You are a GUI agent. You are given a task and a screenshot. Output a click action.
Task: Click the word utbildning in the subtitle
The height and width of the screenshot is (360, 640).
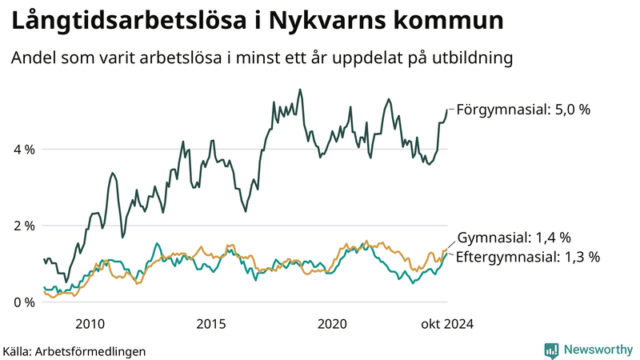470,58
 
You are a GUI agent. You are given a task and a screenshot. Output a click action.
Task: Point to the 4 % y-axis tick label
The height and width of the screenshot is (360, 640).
22,149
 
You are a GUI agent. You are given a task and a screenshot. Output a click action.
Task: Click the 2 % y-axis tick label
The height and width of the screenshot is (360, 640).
22,226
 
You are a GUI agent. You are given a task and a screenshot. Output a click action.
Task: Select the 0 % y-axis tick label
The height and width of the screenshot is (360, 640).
22,302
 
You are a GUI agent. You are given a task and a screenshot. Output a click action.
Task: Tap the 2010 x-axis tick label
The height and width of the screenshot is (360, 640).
90,324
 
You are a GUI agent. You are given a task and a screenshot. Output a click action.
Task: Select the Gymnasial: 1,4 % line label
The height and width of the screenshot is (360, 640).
514,238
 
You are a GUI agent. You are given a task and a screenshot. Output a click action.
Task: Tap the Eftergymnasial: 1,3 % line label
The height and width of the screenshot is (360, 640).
528,257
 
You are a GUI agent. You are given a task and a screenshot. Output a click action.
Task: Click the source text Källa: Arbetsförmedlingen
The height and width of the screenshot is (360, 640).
74,350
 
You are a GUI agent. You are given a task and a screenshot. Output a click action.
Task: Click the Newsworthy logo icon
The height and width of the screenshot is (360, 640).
551,350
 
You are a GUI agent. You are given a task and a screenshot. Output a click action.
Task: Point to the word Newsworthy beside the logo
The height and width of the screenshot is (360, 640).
598,350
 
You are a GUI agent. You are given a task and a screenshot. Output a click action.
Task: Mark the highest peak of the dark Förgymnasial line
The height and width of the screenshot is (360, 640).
300,90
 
